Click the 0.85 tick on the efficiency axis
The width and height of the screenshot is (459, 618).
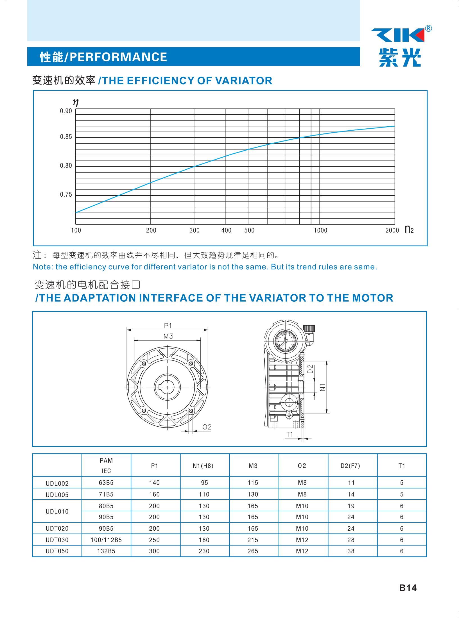(66, 137)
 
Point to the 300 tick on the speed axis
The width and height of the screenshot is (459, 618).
(194, 231)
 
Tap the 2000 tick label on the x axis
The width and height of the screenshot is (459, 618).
(392, 231)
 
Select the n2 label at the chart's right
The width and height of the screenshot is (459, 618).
(409, 230)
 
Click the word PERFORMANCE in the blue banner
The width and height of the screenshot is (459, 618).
(118, 57)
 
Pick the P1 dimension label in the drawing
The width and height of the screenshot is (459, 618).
(168, 326)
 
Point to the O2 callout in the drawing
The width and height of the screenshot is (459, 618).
(207, 427)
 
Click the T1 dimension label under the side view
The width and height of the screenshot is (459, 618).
(290, 435)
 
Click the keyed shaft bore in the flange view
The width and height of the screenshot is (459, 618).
(168, 387)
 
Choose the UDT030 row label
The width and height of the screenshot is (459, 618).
(57, 540)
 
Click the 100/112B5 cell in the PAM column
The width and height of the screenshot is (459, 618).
(106, 540)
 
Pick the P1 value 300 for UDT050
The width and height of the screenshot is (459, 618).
(154, 551)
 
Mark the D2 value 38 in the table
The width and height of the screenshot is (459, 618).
(351, 551)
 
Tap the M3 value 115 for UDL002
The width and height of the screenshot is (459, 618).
(253, 483)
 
